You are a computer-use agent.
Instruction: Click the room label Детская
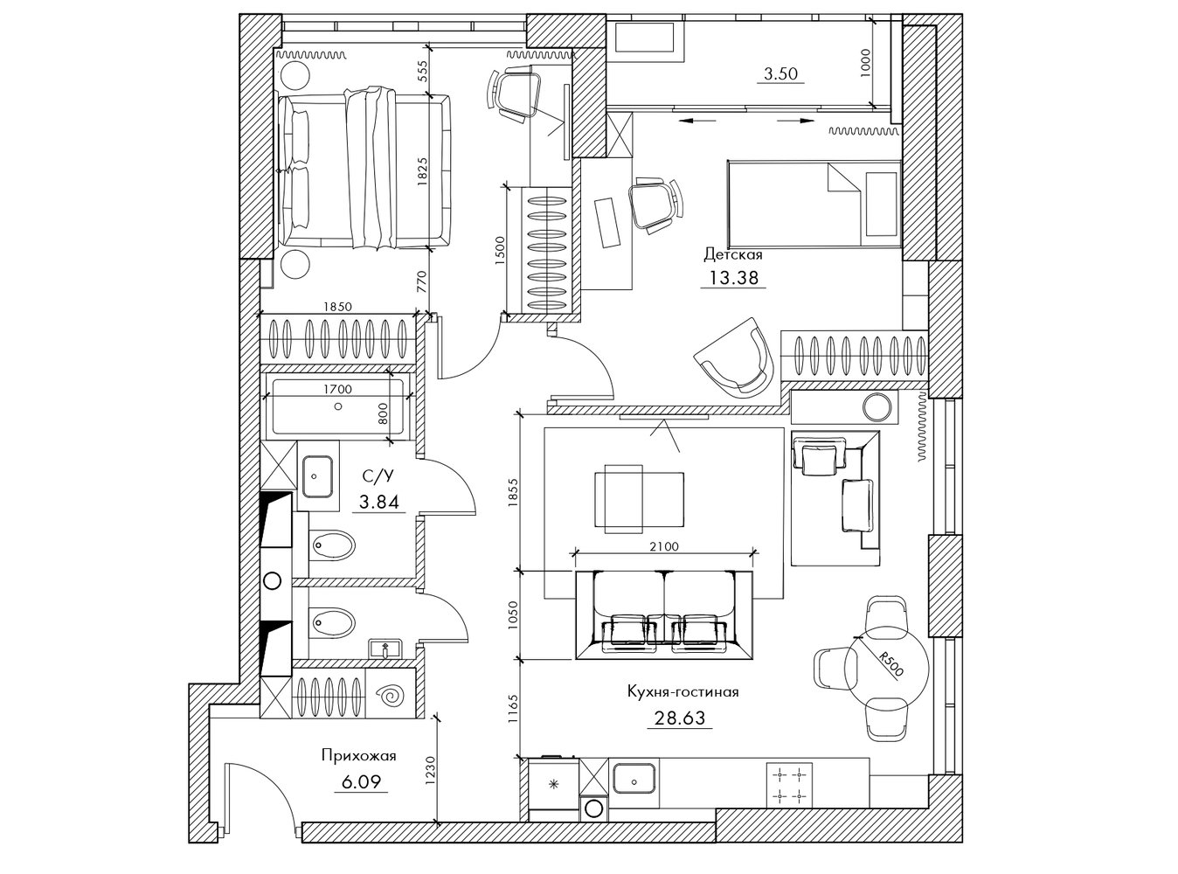(x=733, y=255)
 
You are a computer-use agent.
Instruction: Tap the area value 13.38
(x=733, y=278)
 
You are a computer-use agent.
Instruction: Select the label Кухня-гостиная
(x=683, y=691)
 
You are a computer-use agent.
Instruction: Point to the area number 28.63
(x=679, y=718)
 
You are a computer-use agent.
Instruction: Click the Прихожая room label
(x=359, y=755)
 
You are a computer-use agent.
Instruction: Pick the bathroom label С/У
(x=378, y=476)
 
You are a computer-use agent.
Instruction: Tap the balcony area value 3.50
(x=780, y=73)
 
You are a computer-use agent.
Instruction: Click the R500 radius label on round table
(x=890, y=664)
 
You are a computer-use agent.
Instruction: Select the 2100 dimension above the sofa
(x=664, y=546)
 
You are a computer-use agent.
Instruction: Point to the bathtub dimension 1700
(x=338, y=390)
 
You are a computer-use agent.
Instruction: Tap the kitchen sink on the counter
(x=634, y=779)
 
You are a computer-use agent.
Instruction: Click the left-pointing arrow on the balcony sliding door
(x=696, y=121)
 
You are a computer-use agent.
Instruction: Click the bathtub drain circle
(x=338, y=406)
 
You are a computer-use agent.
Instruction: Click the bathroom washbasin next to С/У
(x=317, y=475)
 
